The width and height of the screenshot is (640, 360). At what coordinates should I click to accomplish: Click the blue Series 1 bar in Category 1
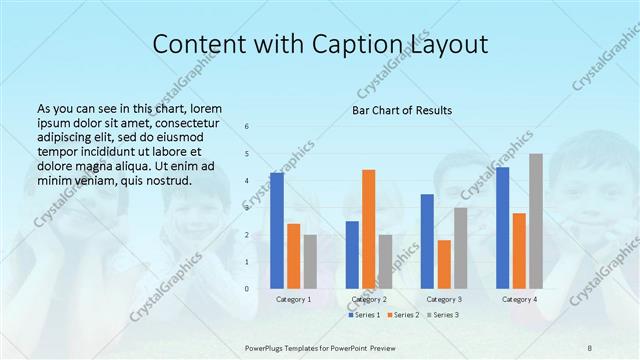click(277, 231)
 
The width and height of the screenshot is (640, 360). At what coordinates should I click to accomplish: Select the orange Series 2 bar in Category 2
click(368, 229)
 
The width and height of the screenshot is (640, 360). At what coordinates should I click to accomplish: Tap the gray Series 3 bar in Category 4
click(536, 221)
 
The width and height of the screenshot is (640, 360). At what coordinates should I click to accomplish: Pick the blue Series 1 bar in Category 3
click(427, 241)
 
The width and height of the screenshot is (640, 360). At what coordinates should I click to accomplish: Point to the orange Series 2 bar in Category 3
click(444, 264)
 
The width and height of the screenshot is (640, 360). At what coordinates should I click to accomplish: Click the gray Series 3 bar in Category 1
click(310, 262)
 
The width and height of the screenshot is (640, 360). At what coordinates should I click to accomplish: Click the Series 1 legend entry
click(365, 315)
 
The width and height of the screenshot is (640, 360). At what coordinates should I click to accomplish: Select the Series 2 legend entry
click(403, 315)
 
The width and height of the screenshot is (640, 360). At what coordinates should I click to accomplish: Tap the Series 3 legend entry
click(443, 315)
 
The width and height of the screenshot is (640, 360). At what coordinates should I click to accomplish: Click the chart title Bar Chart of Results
click(402, 110)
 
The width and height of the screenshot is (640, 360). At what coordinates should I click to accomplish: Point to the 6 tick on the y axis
click(247, 127)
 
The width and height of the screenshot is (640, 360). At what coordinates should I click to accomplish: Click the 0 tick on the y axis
click(247, 289)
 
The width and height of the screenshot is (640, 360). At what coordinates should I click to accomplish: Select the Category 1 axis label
click(293, 299)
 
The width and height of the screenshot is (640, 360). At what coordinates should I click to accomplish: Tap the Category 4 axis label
click(519, 299)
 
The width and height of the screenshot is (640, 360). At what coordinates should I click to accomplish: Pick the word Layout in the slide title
click(451, 45)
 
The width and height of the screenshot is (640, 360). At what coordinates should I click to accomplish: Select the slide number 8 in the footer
click(590, 347)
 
